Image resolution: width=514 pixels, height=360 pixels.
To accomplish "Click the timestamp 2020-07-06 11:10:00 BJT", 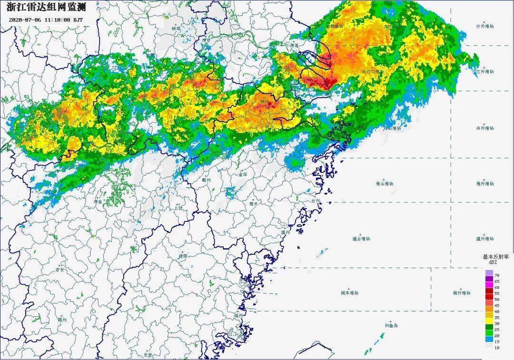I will (x=46, y=20).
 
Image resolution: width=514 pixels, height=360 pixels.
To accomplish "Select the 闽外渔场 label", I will (x=461, y=293).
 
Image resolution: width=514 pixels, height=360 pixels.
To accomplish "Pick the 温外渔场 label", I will (x=485, y=239).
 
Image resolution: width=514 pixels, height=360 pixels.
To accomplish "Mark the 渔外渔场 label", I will (x=485, y=183).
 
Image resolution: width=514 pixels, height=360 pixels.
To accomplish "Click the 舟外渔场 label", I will (x=485, y=128).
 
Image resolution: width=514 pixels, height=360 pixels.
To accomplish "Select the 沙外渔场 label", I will (x=485, y=26).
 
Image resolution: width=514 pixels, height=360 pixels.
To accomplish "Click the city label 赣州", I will (x=62, y=320).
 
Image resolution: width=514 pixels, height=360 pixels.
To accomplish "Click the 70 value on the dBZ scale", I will (x=497, y=276).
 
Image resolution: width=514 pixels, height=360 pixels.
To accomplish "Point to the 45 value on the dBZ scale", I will (x=497, y=305).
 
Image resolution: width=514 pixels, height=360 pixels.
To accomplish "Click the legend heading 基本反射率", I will (x=496, y=257).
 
